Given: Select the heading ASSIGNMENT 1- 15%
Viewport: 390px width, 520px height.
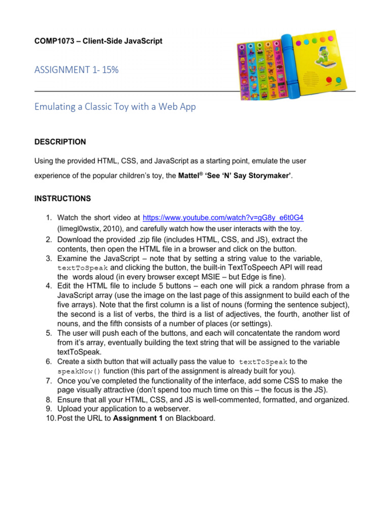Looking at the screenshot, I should (x=76, y=70).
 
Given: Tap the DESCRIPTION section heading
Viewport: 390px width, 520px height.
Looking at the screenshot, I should (x=60, y=142).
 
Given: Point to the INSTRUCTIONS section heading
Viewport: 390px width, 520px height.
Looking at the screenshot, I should (x=62, y=198).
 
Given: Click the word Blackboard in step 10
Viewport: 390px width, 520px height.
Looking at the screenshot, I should (x=195, y=418).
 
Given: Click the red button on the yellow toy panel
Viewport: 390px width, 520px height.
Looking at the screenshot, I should (x=327, y=80).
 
